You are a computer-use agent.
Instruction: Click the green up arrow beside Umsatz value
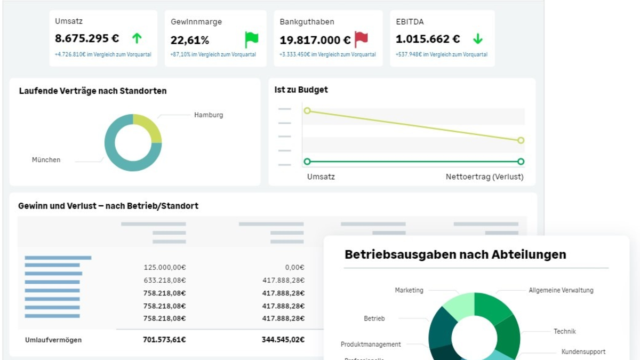[x=137, y=38]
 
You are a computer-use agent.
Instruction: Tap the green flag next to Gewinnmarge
[x=251, y=39]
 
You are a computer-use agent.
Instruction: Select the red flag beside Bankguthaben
[x=361, y=39]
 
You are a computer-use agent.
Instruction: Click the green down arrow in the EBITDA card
[x=477, y=39]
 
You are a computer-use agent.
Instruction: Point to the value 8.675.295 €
[x=87, y=39]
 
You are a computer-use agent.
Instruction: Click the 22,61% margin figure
[x=190, y=41]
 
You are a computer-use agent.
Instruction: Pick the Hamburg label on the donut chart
[x=209, y=115]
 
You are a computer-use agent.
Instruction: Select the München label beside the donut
[x=46, y=159]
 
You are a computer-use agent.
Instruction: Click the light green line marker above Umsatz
[x=307, y=111]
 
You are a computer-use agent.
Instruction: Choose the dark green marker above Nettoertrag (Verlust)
[x=521, y=162]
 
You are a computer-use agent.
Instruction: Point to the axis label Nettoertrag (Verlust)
[x=484, y=177]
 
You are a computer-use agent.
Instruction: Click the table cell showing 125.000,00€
[x=164, y=267]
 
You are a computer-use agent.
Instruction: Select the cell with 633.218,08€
[x=164, y=280]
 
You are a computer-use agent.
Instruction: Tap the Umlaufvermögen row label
[x=53, y=340]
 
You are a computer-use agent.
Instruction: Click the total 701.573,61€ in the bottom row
[x=164, y=340]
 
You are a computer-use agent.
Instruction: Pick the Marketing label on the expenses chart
[x=409, y=290]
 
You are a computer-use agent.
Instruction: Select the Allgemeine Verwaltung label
[x=561, y=290]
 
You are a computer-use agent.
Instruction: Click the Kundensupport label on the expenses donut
[x=583, y=352]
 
